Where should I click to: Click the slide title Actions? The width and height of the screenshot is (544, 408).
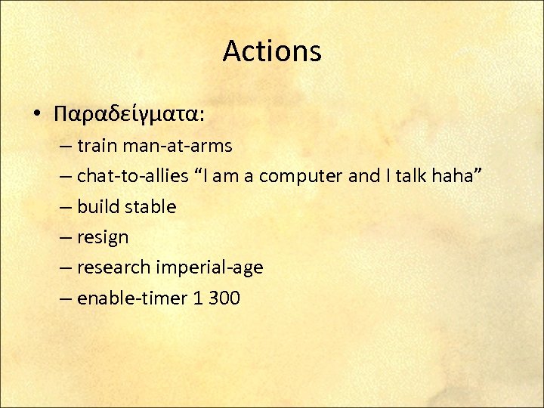(x=272, y=51)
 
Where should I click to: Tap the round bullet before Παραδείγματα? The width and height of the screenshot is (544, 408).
(x=36, y=114)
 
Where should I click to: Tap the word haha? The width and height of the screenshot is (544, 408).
(x=456, y=176)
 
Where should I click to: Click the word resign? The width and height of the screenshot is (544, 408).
(x=103, y=237)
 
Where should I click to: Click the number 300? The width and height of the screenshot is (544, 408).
(x=224, y=298)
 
